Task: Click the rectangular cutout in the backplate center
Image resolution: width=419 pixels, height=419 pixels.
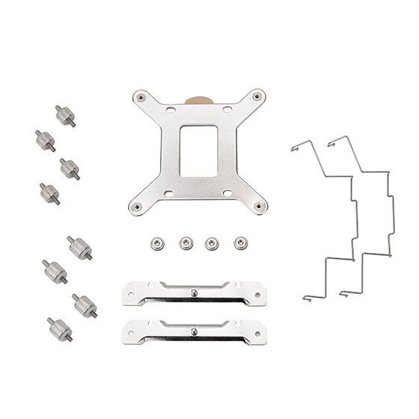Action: tap(198, 150)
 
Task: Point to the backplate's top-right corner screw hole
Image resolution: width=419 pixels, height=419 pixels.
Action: tap(257, 95)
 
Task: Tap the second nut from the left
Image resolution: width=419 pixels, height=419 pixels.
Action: tap(185, 242)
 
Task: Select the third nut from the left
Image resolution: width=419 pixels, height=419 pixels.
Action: tap(212, 242)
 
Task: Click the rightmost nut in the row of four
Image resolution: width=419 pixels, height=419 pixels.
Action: tap(239, 242)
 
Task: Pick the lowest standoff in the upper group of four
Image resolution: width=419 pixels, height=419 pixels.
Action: tap(50, 193)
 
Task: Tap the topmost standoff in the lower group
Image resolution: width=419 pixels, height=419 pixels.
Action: tap(79, 247)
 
